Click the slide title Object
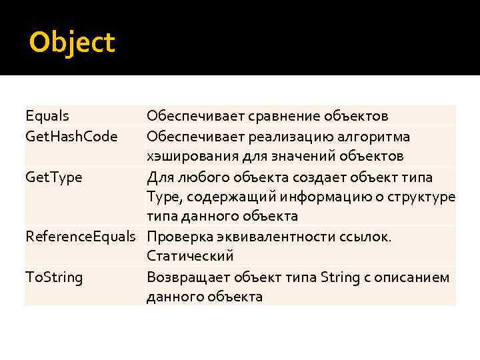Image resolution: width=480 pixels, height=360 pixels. tap(72, 43)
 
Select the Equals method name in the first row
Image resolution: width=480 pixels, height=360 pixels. tap(47, 117)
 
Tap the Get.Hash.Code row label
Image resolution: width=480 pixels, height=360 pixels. tap(71, 137)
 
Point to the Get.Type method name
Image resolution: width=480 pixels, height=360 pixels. tap(55, 177)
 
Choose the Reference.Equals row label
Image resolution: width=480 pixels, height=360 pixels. tap(80, 237)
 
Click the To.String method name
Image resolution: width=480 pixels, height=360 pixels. tap(54, 277)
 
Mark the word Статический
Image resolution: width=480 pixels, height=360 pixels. tap(190, 257)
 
